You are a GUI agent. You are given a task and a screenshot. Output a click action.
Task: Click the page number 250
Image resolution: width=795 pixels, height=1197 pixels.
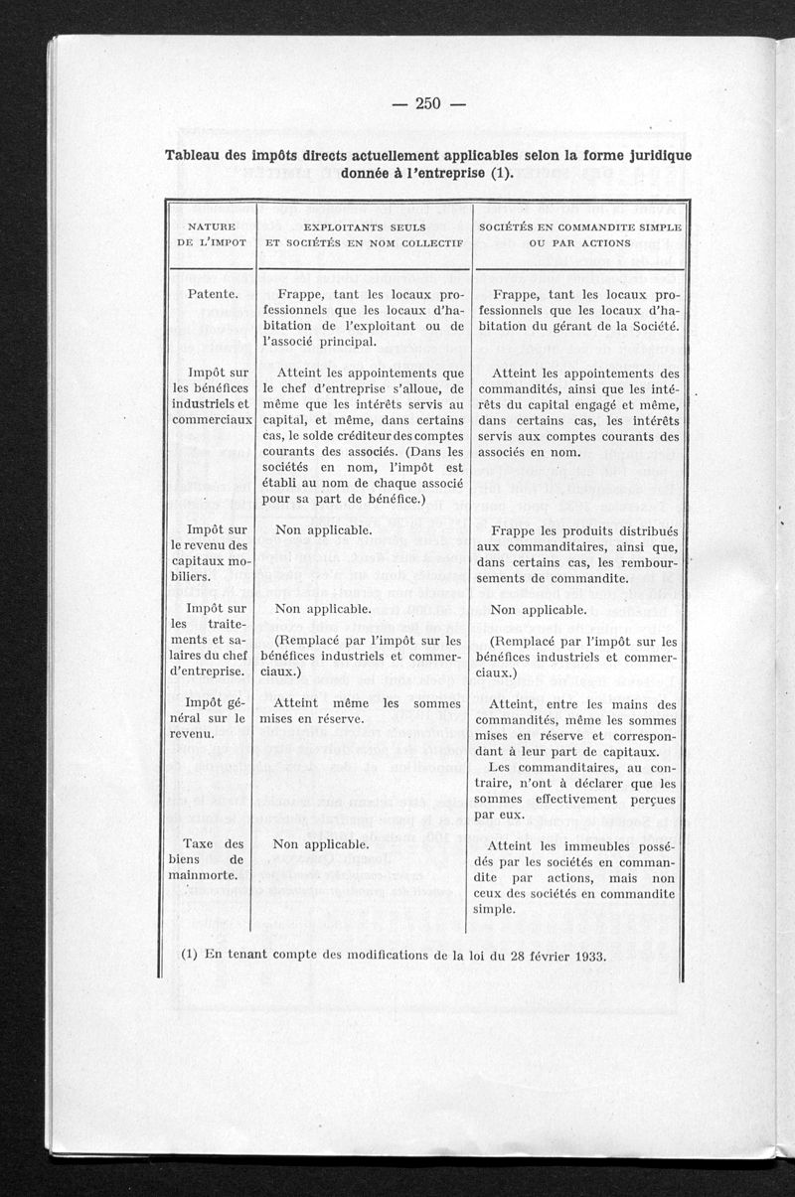point(427,104)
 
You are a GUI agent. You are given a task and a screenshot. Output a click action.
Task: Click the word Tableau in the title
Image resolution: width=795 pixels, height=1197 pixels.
point(194,155)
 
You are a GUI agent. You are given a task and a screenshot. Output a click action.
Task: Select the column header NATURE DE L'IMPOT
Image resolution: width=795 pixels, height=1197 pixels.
point(211,234)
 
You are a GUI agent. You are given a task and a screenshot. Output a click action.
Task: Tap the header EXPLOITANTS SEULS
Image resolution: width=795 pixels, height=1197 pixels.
point(365,227)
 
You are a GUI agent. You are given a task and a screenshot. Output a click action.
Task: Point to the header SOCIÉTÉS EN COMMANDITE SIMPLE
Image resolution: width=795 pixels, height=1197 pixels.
point(580,227)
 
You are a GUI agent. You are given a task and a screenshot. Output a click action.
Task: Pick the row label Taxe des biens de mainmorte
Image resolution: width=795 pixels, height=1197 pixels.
point(211,859)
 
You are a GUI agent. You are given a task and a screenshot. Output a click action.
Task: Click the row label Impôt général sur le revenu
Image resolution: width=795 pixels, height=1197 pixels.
point(211,718)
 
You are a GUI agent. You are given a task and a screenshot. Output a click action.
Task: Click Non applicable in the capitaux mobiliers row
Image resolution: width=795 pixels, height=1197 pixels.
point(323,530)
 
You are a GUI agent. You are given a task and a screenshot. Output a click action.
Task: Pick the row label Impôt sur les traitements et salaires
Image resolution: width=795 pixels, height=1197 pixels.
point(211,640)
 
